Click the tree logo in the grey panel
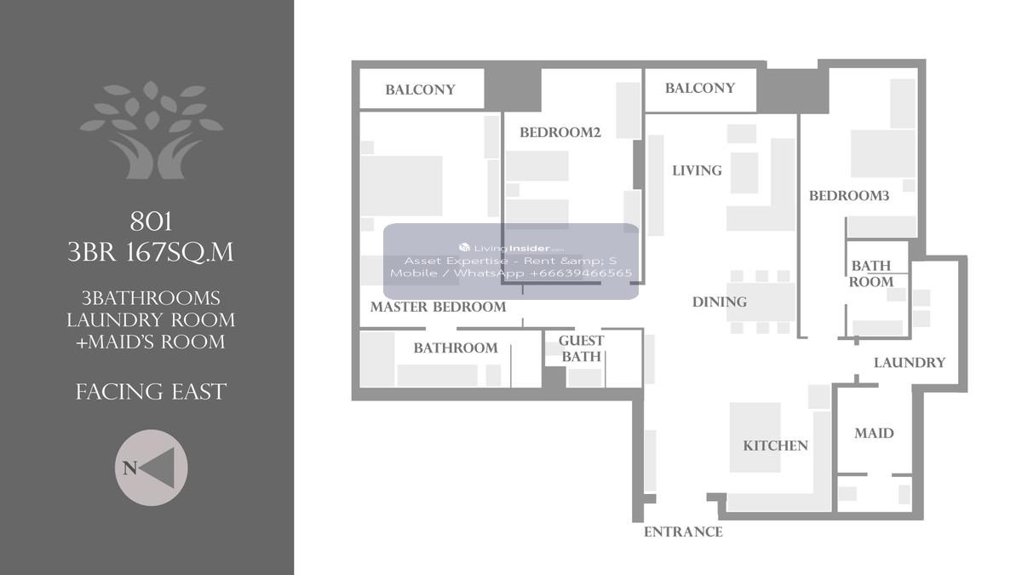(x=152, y=129)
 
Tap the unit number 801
(x=151, y=222)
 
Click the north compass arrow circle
(x=151, y=468)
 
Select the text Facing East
(x=151, y=392)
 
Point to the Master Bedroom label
(x=438, y=308)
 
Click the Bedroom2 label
(x=560, y=132)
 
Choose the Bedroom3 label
(x=849, y=196)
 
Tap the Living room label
(x=697, y=170)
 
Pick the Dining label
(x=720, y=302)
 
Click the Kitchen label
(x=775, y=446)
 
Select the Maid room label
(x=874, y=433)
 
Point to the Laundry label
(x=910, y=363)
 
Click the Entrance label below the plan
(x=683, y=532)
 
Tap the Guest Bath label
(x=581, y=348)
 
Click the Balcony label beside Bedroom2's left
(x=420, y=90)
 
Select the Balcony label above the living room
(x=700, y=88)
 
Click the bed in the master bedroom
(x=401, y=186)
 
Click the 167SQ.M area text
(x=180, y=252)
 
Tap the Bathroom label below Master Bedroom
(x=456, y=348)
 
